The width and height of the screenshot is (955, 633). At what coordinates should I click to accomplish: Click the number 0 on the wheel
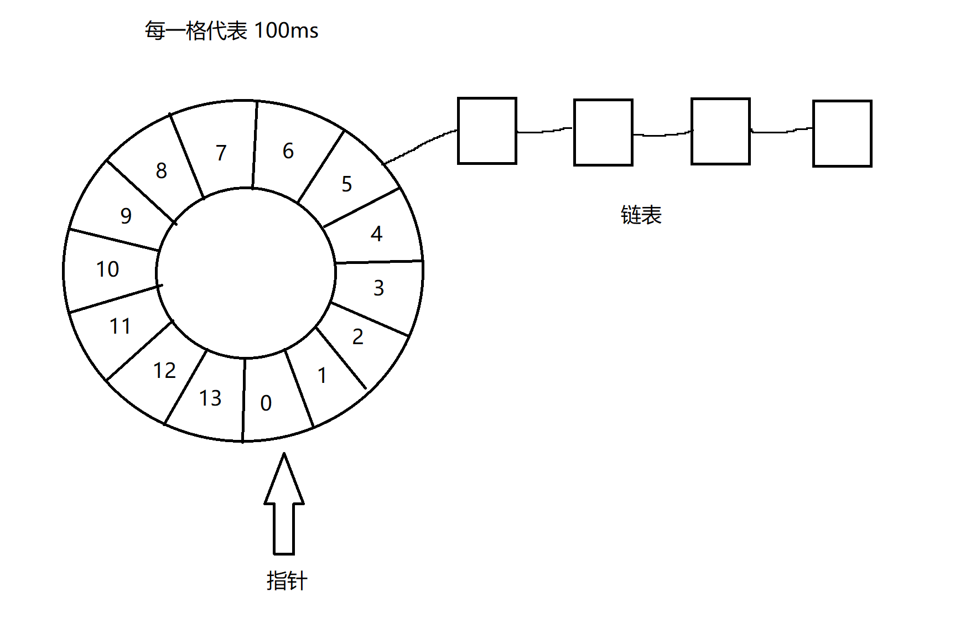click(x=266, y=403)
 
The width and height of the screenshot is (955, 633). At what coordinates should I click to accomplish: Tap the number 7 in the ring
click(x=221, y=153)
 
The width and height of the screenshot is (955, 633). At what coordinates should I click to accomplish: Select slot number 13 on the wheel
click(x=210, y=398)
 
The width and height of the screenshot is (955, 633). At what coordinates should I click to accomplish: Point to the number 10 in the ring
click(x=107, y=269)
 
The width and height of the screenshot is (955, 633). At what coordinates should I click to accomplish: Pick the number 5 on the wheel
click(x=347, y=184)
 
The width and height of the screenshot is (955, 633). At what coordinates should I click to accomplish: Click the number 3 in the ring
click(x=378, y=288)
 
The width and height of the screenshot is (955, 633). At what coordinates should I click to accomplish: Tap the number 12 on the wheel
click(x=164, y=371)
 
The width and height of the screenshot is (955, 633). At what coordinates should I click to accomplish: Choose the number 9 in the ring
click(x=126, y=216)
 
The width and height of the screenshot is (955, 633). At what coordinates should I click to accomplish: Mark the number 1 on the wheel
click(x=322, y=376)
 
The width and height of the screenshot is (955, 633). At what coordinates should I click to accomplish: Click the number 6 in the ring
click(x=288, y=151)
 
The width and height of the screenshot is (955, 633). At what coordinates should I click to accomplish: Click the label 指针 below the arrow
click(x=287, y=581)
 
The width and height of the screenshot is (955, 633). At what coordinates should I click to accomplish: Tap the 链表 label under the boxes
click(x=641, y=215)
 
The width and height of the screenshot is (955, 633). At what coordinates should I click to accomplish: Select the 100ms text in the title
click(x=287, y=30)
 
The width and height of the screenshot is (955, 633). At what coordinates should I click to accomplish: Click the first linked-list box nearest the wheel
click(x=487, y=131)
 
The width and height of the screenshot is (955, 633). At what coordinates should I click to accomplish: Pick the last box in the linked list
click(x=842, y=133)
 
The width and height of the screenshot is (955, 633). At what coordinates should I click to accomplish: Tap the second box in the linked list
click(x=603, y=132)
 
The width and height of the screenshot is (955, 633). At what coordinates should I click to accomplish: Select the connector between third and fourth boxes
click(x=781, y=131)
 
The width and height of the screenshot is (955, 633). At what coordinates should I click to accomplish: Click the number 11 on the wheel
click(x=120, y=326)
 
